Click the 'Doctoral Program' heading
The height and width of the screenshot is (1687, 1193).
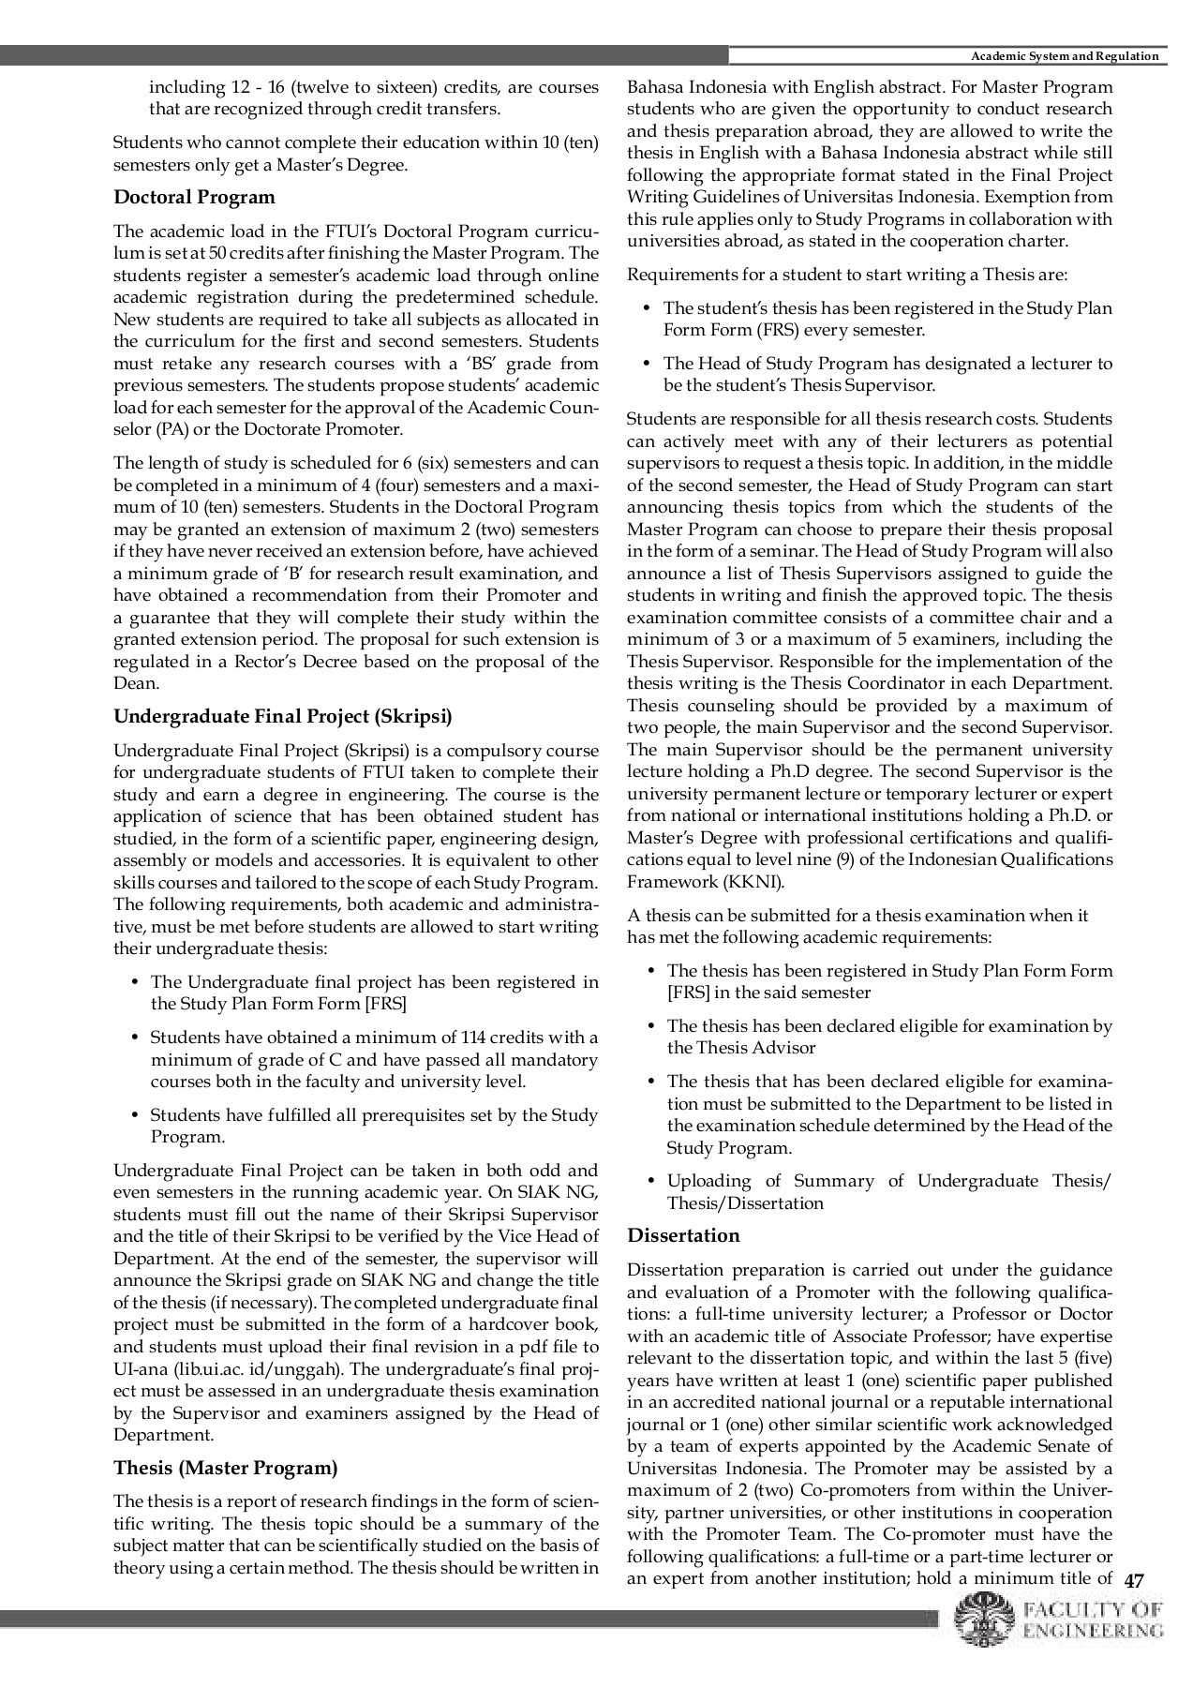[194, 198]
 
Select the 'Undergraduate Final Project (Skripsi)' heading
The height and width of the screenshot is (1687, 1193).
[282, 717]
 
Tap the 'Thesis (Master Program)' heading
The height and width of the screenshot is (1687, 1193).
[225, 1468]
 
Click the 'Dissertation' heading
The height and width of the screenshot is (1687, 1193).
[683, 1235]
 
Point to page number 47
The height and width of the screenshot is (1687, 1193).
[1134, 1581]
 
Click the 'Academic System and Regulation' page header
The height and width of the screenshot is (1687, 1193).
[1065, 57]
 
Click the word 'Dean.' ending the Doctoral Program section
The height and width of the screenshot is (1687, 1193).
[136, 684]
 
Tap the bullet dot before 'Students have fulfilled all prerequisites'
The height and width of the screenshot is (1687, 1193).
[132, 1115]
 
